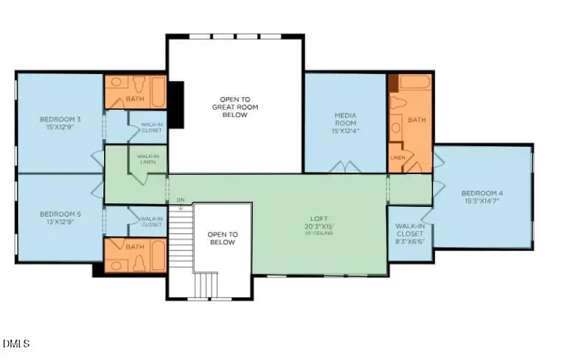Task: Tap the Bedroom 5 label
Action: (60, 214)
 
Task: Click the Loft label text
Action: (318, 218)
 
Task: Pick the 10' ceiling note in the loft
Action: (318, 233)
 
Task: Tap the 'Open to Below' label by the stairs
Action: (224, 238)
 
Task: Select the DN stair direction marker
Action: (180, 200)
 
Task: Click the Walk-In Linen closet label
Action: (147, 159)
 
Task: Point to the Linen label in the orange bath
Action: (397, 157)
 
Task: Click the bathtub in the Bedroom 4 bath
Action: (416, 83)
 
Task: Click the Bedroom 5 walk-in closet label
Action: (152, 221)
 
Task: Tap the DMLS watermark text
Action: (16, 343)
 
